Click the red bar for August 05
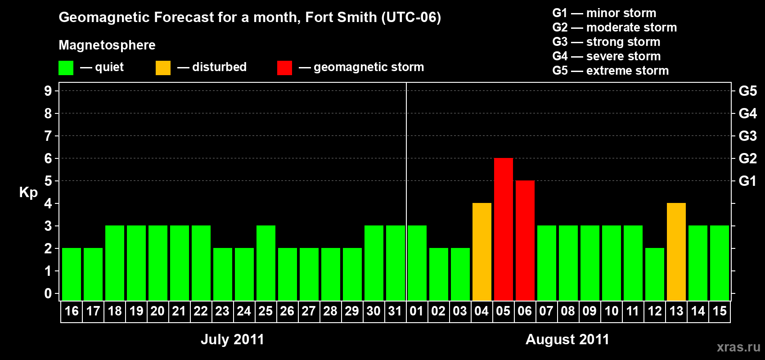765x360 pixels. click(503, 229)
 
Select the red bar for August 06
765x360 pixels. click(525, 240)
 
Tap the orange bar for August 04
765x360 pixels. click(481, 252)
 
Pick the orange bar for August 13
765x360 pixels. click(676, 252)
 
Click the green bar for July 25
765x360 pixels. click(265, 263)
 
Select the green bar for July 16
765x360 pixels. click(71, 274)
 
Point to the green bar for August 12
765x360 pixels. click(654, 274)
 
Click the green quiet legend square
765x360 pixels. click(66, 68)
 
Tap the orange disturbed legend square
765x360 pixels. click(163, 68)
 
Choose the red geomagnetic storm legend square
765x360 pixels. click(284, 68)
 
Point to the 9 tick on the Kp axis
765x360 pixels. click(48, 91)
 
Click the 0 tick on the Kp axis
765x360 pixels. click(48, 293)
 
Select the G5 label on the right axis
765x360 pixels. click(747, 91)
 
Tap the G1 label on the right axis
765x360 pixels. click(747, 181)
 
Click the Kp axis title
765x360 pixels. click(28, 192)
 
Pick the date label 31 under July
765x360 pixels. click(395, 311)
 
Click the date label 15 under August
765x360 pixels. click(719, 311)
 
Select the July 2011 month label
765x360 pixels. click(232, 339)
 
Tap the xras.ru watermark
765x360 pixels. click(738, 347)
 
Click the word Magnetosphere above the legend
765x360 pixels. click(107, 45)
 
